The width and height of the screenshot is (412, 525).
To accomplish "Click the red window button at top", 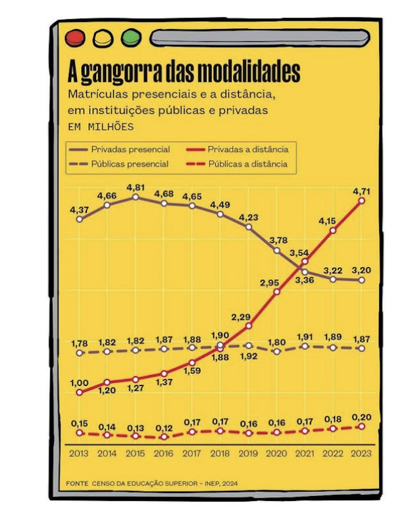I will click(x=74, y=38).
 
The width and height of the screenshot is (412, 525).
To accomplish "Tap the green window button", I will click(x=131, y=38).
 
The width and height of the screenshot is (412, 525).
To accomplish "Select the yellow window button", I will click(x=103, y=38).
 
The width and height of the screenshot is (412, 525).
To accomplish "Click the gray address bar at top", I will click(x=260, y=38).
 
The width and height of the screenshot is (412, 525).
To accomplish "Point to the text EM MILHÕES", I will click(x=101, y=126).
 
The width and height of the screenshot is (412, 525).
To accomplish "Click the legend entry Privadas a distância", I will click(x=248, y=149).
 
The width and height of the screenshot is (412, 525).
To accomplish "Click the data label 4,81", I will click(x=136, y=187).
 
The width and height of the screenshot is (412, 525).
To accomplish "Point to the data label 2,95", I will click(x=269, y=281).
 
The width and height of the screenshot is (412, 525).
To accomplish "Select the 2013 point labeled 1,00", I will click(x=80, y=392).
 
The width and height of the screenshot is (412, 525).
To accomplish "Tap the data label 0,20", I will click(x=361, y=417).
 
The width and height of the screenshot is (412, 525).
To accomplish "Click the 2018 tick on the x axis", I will click(x=220, y=453).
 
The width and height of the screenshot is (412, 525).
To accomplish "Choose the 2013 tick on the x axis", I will click(x=79, y=453).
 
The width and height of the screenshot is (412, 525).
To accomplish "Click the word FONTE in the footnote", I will click(x=77, y=483).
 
